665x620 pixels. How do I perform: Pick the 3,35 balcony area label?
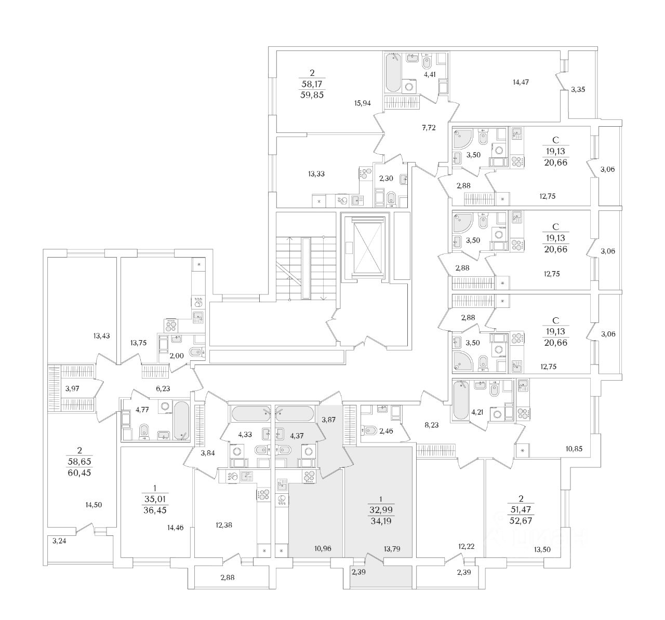tap(578, 90)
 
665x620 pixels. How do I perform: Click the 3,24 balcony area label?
tap(60, 540)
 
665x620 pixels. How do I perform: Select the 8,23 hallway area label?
tap(432, 424)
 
